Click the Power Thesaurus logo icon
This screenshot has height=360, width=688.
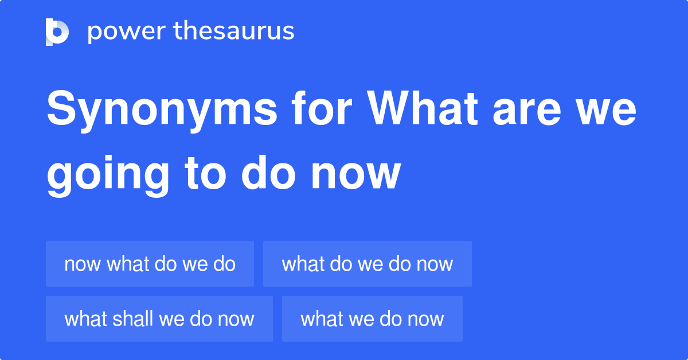point(57,32)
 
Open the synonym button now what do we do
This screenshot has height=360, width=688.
point(150,264)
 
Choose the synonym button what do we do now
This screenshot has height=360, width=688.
point(367,264)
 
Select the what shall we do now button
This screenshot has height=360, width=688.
point(159,319)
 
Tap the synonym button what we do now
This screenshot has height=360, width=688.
point(372,319)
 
